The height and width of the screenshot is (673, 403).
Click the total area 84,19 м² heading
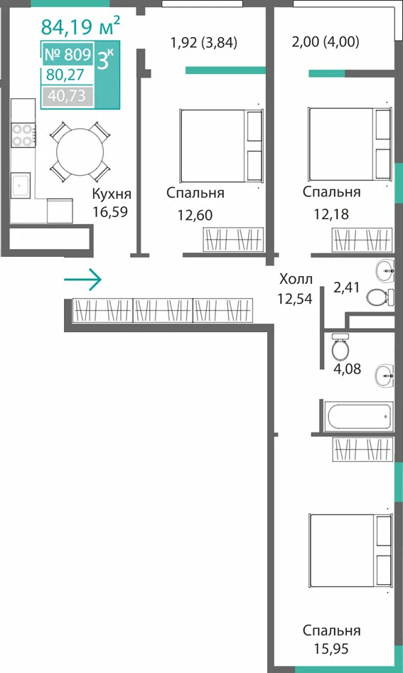(x=80, y=26)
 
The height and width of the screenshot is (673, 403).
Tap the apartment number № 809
(x=68, y=55)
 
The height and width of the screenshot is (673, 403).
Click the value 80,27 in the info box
(x=65, y=75)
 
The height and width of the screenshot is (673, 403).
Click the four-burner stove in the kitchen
(x=23, y=134)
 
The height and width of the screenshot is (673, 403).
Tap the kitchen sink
(x=21, y=186)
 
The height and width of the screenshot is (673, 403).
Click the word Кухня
(x=112, y=194)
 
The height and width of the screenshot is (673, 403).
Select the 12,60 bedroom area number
(x=195, y=215)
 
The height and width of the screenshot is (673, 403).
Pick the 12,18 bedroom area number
(x=331, y=213)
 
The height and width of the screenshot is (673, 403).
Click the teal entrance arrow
(x=82, y=280)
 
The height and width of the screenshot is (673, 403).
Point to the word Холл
(x=296, y=280)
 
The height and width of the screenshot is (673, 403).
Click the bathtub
(x=358, y=416)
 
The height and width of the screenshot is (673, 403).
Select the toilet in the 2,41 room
(x=380, y=297)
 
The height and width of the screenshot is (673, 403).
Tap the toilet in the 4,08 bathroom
(x=340, y=346)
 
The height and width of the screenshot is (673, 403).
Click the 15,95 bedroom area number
(x=331, y=649)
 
